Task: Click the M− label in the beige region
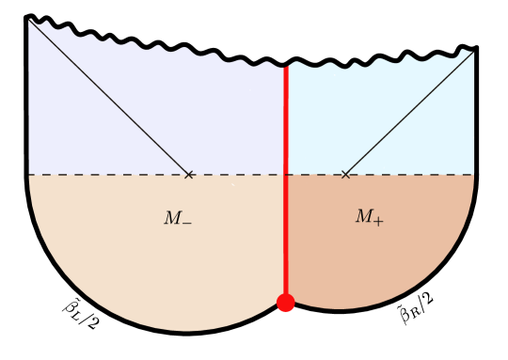[x=177, y=219]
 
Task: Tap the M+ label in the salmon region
[x=368, y=217]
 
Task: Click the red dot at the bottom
[x=286, y=303]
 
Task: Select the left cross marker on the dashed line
[x=189, y=175]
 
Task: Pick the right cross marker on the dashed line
[x=345, y=175]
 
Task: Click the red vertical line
[x=286, y=122]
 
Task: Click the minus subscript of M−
[x=186, y=223]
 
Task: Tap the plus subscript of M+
[x=378, y=221]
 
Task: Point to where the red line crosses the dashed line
[x=286, y=175]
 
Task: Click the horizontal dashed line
[x=94, y=175]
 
